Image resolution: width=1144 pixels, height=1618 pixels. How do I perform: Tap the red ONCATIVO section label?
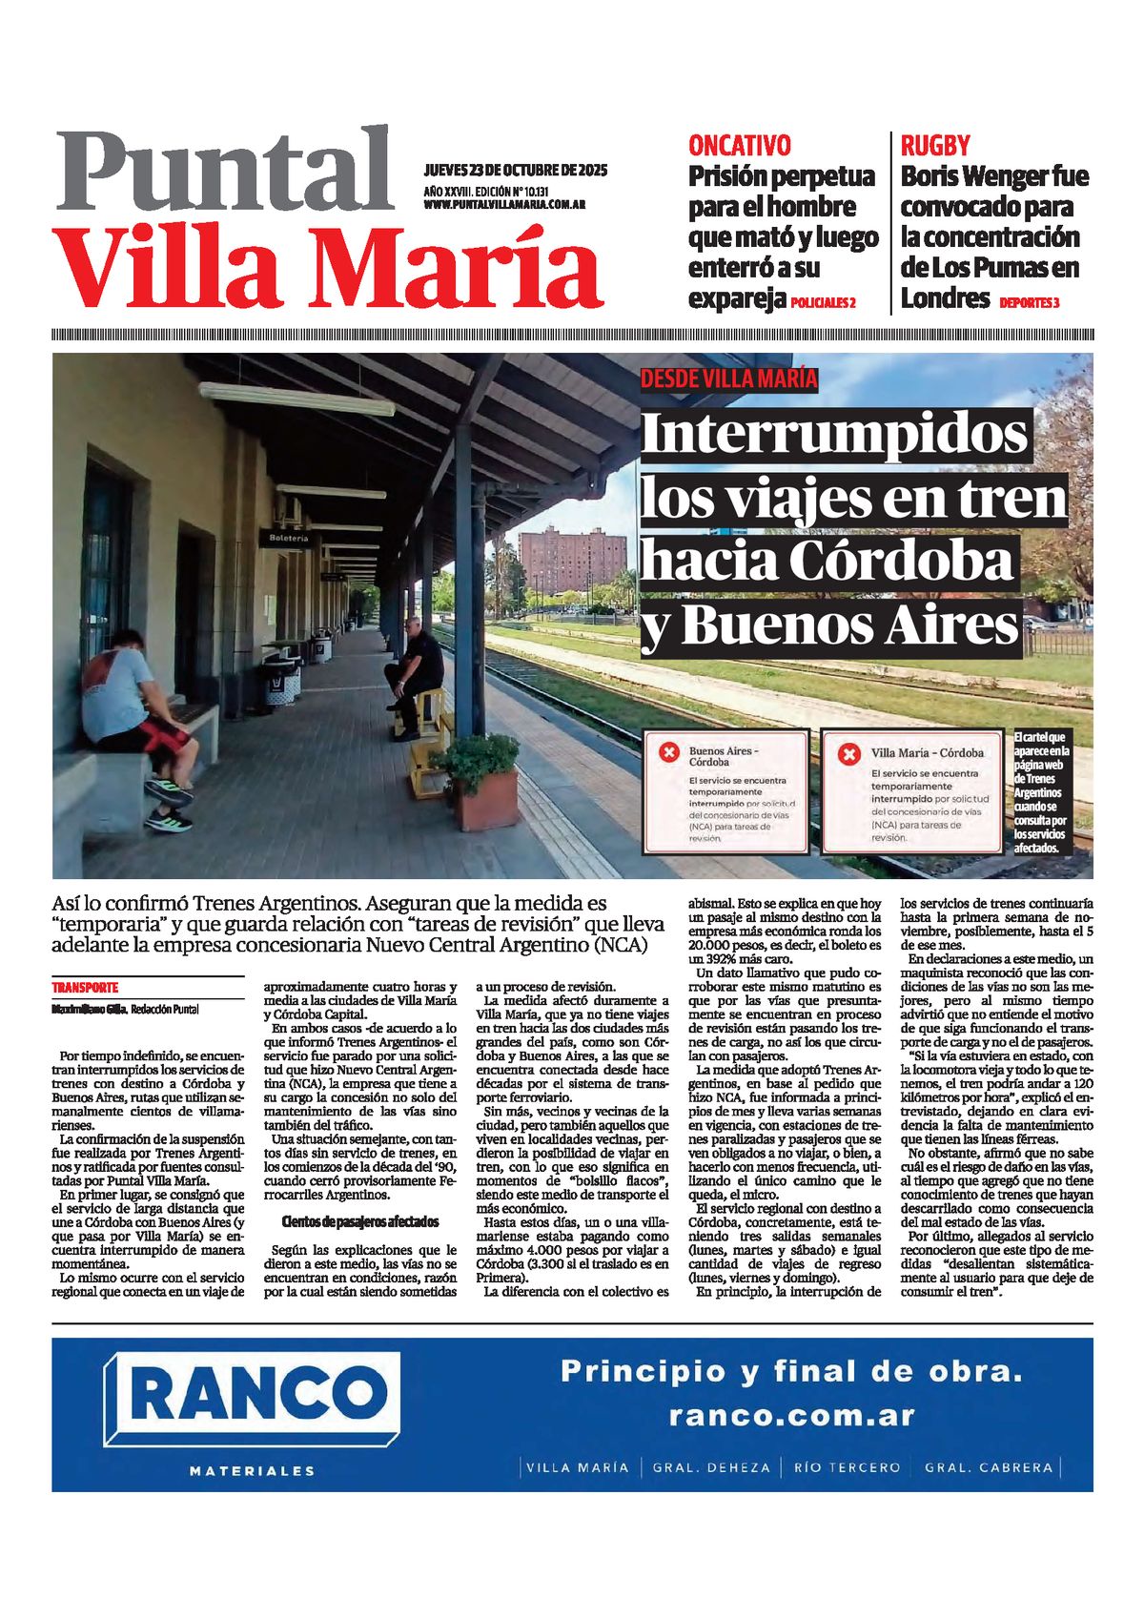tap(739, 146)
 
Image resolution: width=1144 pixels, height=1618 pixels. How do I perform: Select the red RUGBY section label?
tap(934, 146)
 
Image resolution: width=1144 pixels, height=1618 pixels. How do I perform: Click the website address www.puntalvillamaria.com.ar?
tap(504, 205)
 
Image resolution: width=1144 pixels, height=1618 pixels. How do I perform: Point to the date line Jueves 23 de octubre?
tap(515, 172)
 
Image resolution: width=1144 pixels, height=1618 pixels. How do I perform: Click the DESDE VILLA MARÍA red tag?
tap(728, 379)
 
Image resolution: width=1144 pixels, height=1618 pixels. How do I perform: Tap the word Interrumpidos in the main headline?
tap(834, 435)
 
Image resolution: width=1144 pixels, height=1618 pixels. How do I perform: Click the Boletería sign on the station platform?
tap(288, 539)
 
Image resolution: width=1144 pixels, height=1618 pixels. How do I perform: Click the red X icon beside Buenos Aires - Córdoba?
tap(669, 752)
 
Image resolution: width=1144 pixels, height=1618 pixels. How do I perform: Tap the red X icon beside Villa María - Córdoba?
tap(848, 754)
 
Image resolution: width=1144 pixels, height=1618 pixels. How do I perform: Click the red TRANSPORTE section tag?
tap(85, 988)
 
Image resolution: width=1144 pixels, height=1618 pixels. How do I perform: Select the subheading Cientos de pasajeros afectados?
tap(360, 1221)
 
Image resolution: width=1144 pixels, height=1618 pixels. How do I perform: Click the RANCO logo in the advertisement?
tap(252, 1396)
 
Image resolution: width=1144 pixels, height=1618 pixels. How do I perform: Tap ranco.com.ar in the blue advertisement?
tap(791, 1416)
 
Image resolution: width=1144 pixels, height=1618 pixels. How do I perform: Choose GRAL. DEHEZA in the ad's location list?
tap(710, 1467)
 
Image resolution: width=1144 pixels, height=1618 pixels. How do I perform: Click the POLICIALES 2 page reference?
tap(823, 303)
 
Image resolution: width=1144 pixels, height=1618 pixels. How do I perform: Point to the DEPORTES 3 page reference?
tap(1030, 303)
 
